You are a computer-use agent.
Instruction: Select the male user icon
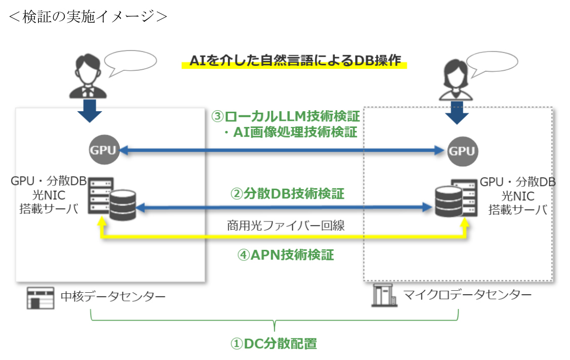pyautogui.click(x=84, y=76)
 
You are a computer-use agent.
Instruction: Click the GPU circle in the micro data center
pyautogui.click(x=462, y=151)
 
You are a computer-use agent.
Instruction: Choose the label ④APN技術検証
pyautogui.click(x=286, y=255)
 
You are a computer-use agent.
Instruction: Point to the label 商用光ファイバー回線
pyautogui.click(x=286, y=226)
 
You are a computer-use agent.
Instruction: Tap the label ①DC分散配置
pyautogui.click(x=274, y=344)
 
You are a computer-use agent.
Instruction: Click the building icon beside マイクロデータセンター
pyautogui.click(x=384, y=295)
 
